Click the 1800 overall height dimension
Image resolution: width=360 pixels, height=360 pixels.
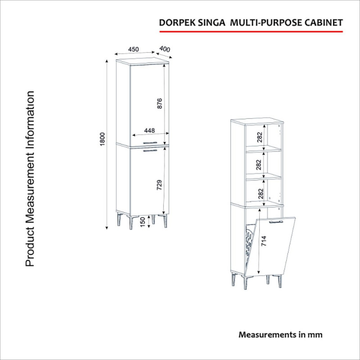pyautogui.click(x=103, y=139)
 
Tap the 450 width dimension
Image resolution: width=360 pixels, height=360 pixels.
pyautogui.click(x=133, y=49)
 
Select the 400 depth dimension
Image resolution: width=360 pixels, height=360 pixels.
pyautogui.click(x=165, y=49)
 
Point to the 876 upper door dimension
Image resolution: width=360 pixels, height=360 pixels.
pyautogui.click(x=160, y=103)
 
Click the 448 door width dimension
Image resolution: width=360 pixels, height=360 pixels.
pyautogui.click(x=149, y=130)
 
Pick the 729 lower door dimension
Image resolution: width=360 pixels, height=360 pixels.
pyautogui.click(x=159, y=185)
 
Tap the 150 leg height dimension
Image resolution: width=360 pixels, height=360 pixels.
pyautogui.click(x=143, y=222)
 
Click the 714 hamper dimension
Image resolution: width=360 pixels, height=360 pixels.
pyautogui.click(x=264, y=241)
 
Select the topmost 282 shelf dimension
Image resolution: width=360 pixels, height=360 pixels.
pyautogui.click(x=260, y=137)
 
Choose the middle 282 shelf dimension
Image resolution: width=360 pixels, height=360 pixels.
pyautogui.click(x=259, y=165)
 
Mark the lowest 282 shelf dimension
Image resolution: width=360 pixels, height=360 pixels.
pyautogui.click(x=261, y=193)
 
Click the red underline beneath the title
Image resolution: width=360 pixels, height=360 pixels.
pyautogui.click(x=251, y=31)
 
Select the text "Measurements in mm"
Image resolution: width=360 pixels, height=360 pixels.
pyautogui.click(x=280, y=334)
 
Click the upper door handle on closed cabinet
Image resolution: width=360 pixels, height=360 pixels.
pyautogui.click(x=150, y=143)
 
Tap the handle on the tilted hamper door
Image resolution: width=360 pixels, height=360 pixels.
pyautogui.click(x=276, y=222)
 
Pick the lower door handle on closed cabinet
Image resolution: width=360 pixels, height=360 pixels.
pyautogui.click(x=150, y=151)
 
